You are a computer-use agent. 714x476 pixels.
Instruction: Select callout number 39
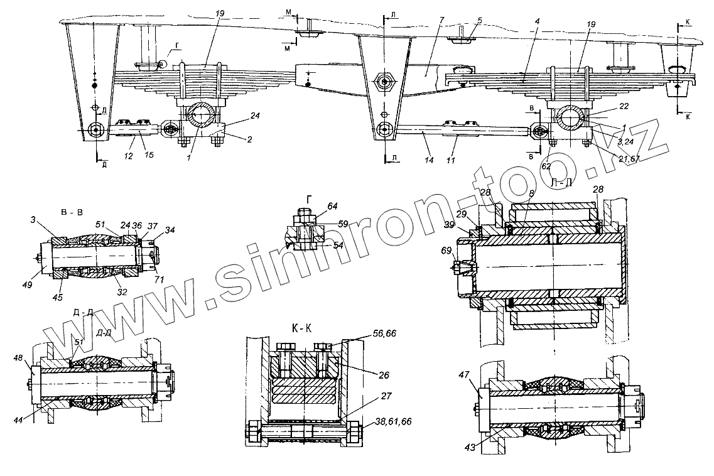[449, 224]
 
